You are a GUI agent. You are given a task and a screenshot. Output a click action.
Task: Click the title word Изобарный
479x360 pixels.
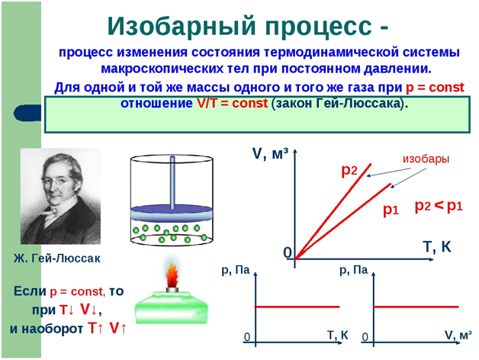[x=182, y=27]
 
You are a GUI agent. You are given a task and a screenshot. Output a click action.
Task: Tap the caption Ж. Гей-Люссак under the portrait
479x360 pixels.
[x=56, y=259]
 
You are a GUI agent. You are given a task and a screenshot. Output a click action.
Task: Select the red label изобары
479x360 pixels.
[x=426, y=159]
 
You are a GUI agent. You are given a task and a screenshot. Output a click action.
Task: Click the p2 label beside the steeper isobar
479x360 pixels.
[x=349, y=171]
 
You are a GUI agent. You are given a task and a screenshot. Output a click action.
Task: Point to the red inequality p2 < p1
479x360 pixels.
[x=439, y=206]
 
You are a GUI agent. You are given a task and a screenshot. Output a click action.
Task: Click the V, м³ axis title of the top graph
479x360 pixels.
[x=270, y=154]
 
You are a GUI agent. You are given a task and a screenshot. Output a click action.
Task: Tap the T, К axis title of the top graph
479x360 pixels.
[x=437, y=247]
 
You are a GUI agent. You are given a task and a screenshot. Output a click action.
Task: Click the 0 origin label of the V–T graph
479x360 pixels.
[x=288, y=252]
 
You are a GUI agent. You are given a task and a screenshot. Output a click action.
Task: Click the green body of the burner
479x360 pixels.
[x=172, y=307]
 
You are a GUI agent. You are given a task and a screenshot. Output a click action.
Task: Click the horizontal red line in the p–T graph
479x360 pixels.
[x=297, y=307]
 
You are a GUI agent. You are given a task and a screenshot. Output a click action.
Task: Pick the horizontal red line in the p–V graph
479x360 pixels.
[x=416, y=307]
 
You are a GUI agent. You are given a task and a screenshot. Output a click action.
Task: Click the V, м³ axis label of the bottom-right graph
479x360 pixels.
[x=458, y=336]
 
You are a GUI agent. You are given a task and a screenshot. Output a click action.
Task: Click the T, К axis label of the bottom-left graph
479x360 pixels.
[x=338, y=336]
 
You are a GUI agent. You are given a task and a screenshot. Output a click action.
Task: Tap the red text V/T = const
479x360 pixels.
[x=232, y=103]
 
